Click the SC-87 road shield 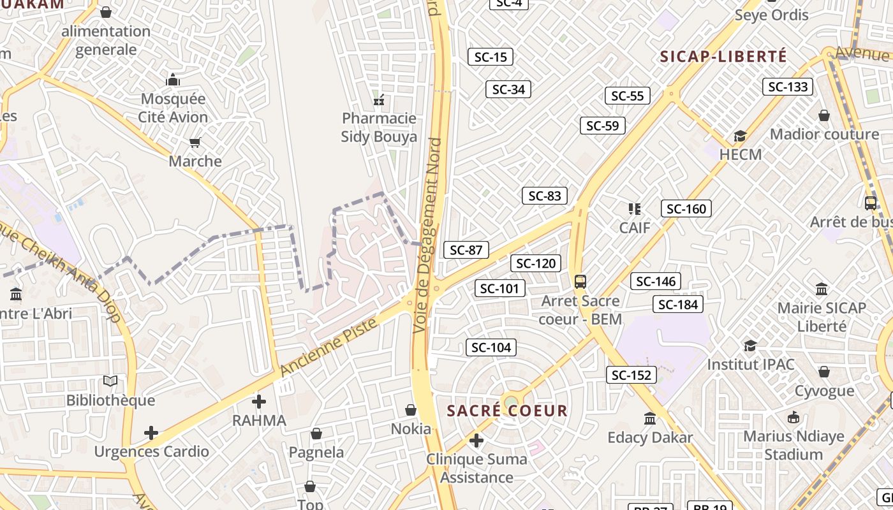pos(466,250)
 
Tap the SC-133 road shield pos(788,87)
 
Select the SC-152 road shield pos(631,375)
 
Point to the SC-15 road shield pos(491,57)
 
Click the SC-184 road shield pos(678,305)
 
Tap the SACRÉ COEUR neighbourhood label pos(507,411)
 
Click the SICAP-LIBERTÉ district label pos(723,57)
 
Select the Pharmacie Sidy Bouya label pos(379,127)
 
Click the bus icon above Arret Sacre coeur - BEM pos(580,281)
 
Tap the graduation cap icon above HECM pos(740,136)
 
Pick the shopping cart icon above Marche pos(195,142)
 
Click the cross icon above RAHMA pos(258,402)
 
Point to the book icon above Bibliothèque pos(110,381)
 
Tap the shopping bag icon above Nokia pos(411,410)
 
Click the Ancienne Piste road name pos(328,347)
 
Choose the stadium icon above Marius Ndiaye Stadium pos(793,418)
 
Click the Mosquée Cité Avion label pos(173,108)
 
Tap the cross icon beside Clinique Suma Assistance pos(476,441)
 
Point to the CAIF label pos(635,227)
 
